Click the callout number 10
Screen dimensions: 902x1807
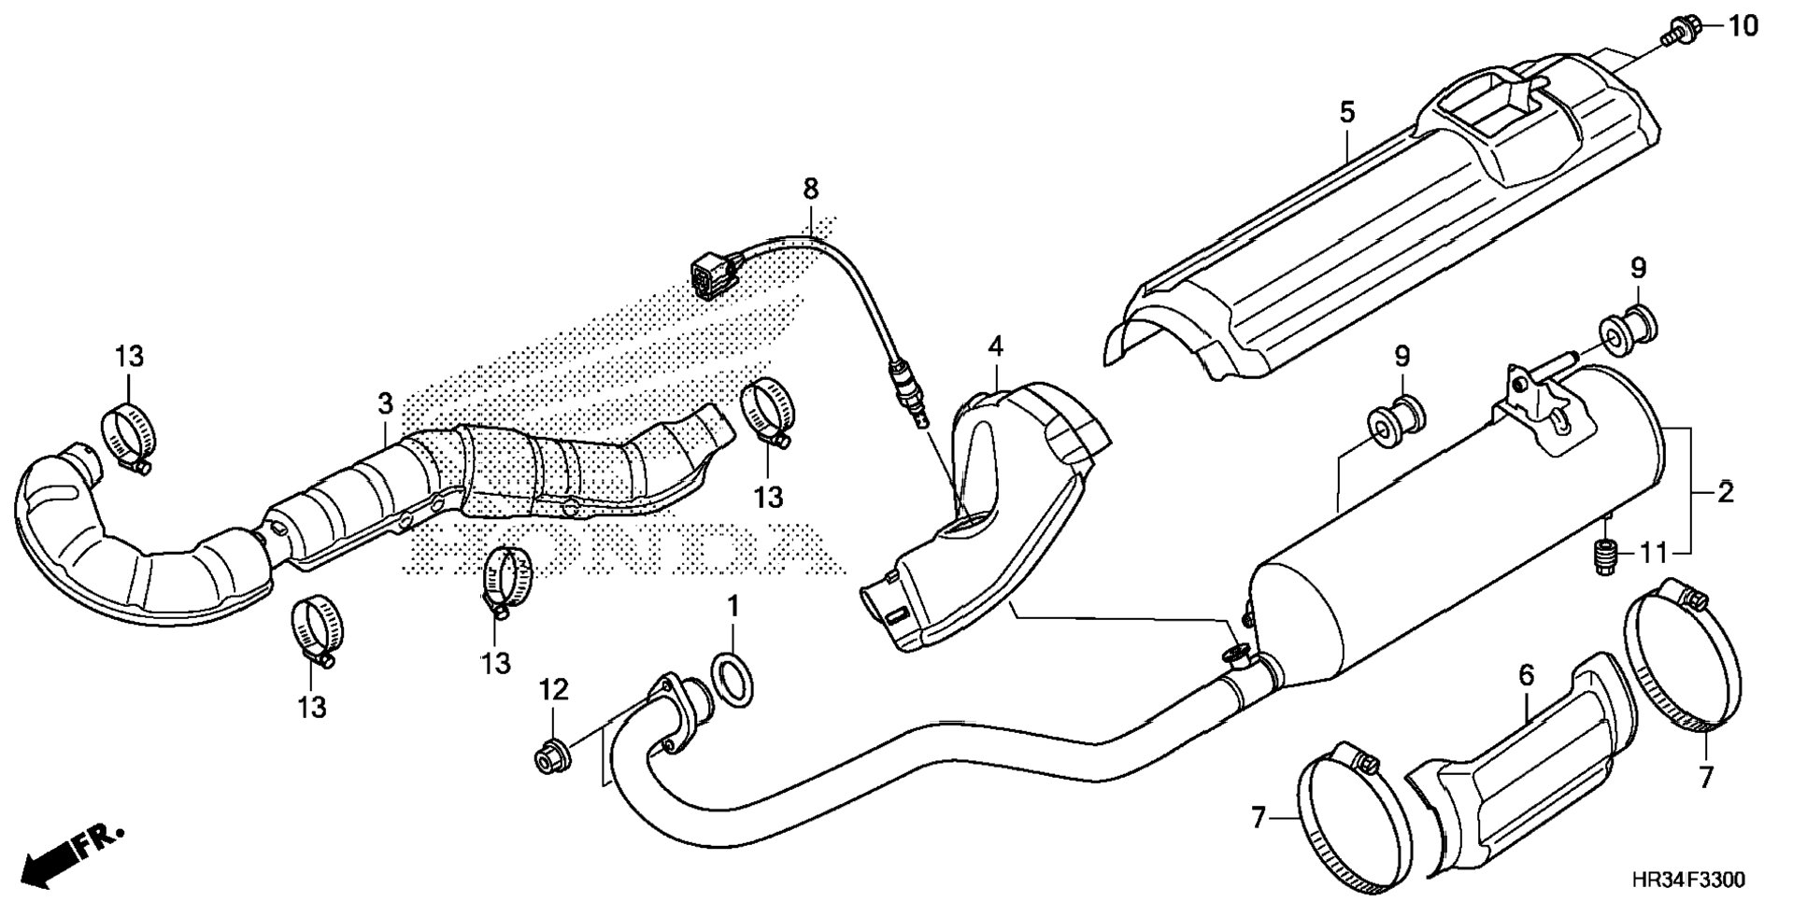1742,26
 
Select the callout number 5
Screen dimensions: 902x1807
1345,113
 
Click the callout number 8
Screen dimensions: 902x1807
810,189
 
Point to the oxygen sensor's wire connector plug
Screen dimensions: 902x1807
712,273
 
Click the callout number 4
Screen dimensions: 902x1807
996,347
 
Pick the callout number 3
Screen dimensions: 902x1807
385,404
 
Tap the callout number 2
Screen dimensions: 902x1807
1725,492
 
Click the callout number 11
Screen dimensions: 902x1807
1654,554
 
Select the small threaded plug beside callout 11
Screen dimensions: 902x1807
1604,557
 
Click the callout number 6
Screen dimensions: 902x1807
1526,676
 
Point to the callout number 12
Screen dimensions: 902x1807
553,691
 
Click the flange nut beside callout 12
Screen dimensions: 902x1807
548,755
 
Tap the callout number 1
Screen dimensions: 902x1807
733,606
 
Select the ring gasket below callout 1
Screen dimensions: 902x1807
733,681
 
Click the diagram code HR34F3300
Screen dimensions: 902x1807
1687,880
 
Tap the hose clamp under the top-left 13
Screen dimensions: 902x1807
128,436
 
